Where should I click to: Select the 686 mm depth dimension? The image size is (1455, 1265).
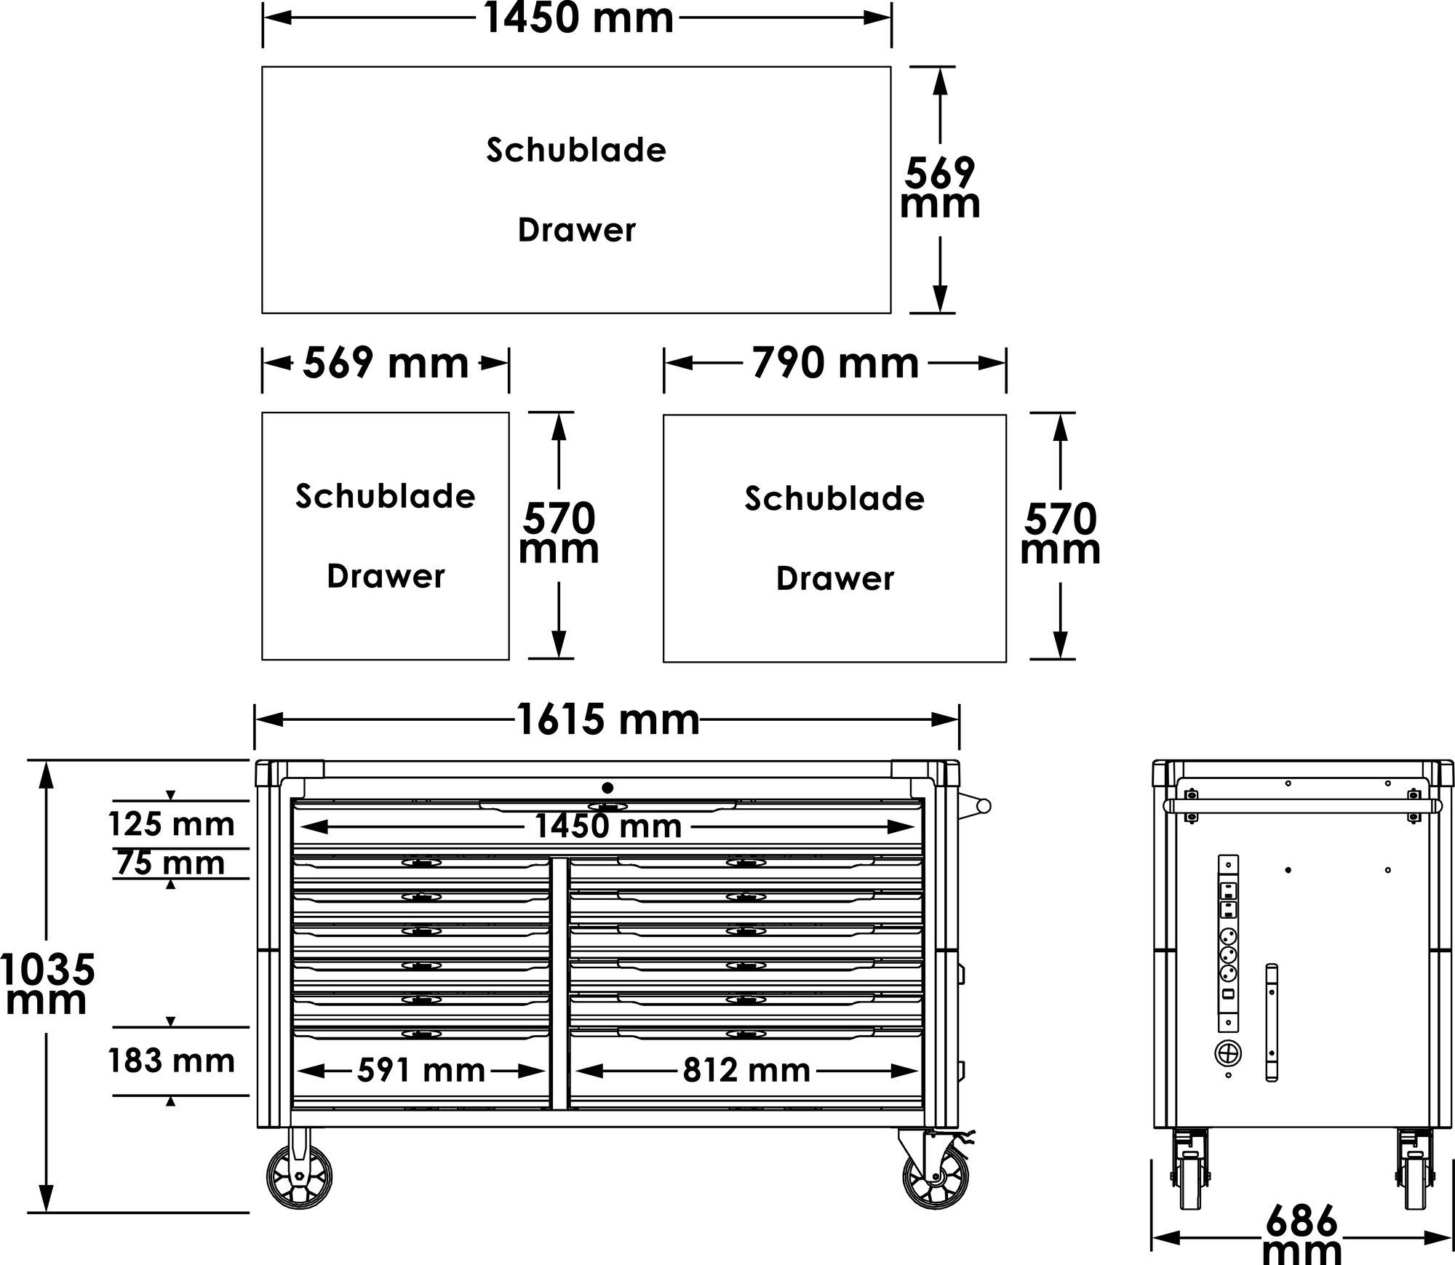(x=1301, y=1236)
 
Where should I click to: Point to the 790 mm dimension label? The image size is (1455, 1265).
(x=835, y=363)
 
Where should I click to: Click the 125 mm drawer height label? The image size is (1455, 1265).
(x=172, y=825)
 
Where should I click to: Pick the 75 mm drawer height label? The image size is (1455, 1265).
(x=171, y=863)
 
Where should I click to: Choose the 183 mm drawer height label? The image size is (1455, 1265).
(x=172, y=1061)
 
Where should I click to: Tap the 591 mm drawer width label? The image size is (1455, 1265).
(x=421, y=1071)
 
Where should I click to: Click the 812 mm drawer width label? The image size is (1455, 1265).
(x=746, y=1071)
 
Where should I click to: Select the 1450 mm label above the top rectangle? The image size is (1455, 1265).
(x=578, y=18)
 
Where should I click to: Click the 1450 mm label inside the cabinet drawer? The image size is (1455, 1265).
(x=608, y=826)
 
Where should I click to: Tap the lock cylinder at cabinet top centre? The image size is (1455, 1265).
(x=607, y=788)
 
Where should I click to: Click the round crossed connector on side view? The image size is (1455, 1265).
(x=1228, y=1053)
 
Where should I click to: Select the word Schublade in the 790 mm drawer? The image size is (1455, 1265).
(x=834, y=499)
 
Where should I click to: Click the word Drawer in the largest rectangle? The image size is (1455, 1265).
(x=576, y=231)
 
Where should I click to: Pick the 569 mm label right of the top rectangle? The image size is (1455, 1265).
(x=940, y=188)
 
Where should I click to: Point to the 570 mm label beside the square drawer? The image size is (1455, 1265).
(x=559, y=534)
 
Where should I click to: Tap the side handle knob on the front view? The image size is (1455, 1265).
(x=983, y=806)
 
